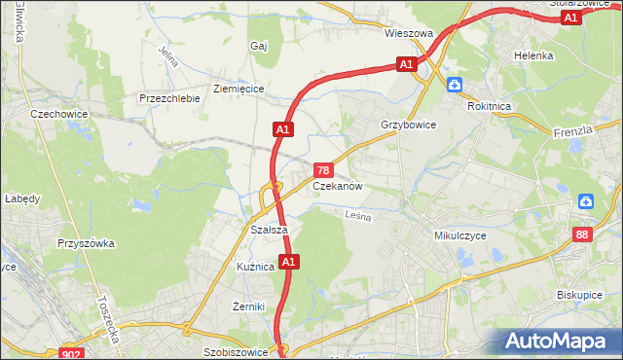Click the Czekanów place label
pyautogui.click(x=338, y=186)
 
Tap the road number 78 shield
pyautogui.click(x=323, y=169)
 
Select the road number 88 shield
pyautogui.click(x=582, y=234)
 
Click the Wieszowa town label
pyautogui.click(x=408, y=33)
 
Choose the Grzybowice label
pyautogui.click(x=409, y=126)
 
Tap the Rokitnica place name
pyautogui.click(x=489, y=107)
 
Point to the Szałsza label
pyautogui.click(x=268, y=230)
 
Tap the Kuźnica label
pyautogui.click(x=256, y=266)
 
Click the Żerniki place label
pyautogui.click(x=249, y=306)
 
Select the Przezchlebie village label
pyautogui.click(x=169, y=98)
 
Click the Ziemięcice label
pyautogui.click(x=238, y=89)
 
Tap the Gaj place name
pyautogui.click(x=258, y=46)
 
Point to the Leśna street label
pyautogui.click(x=358, y=218)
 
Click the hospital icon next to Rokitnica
pyautogui.click(x=455, y=85)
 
